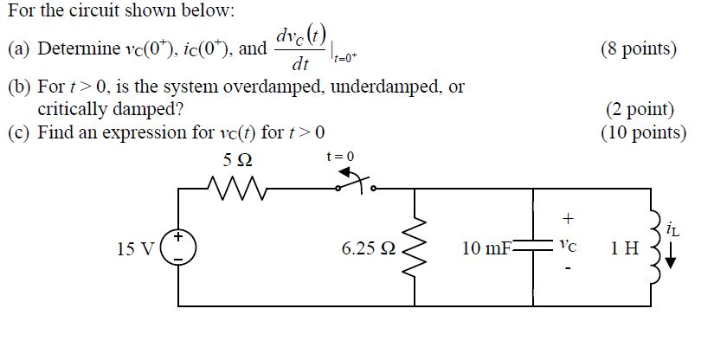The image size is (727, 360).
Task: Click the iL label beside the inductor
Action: (673, 229)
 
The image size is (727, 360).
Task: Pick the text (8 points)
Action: (637, 48)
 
